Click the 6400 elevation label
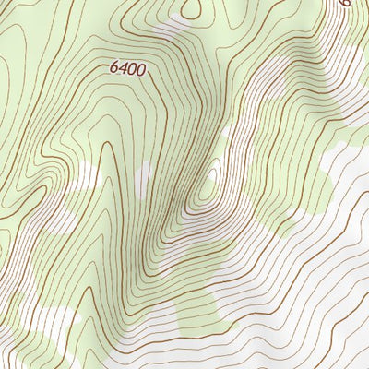(128, 67)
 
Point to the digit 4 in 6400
(124, 67)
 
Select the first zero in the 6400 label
(133, 67)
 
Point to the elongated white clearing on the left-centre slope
(88, 175)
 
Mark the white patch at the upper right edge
(360, 55)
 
